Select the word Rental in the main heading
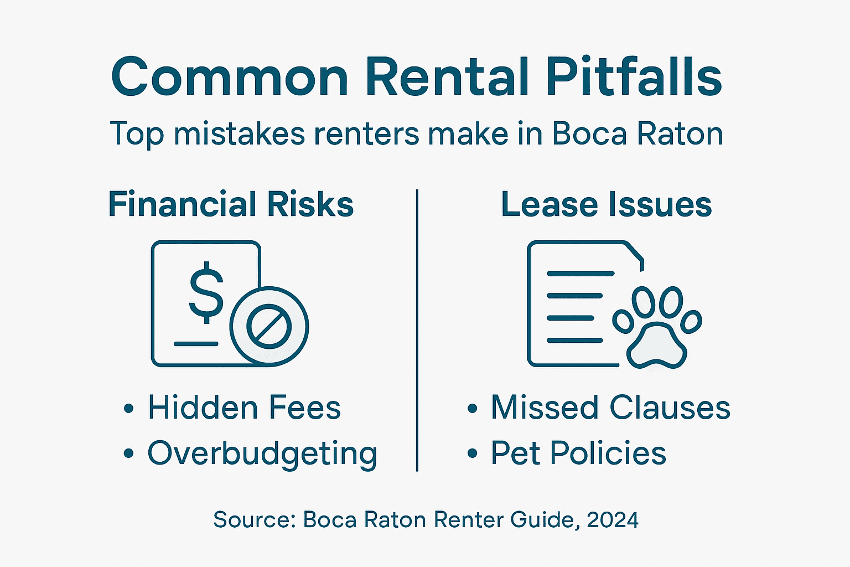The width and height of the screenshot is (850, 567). (447, 77)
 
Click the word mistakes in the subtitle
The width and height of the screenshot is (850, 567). (239, 134)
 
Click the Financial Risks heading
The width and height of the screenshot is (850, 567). (231, 204)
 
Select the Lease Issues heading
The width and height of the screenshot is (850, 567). (606, 204)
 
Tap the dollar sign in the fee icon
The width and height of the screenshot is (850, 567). (206, 292)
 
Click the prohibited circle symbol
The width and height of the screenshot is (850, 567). (269, 326)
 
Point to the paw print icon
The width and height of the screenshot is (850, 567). (657, 327)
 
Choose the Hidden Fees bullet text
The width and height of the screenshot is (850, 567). (244, 408)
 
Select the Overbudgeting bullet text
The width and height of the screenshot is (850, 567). (262, 453)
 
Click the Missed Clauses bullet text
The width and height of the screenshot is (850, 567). (610, 408)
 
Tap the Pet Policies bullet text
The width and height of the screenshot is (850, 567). (578, 453)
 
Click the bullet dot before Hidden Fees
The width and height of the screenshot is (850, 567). (129, 409)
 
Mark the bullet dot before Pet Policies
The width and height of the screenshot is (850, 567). (472, 454)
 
